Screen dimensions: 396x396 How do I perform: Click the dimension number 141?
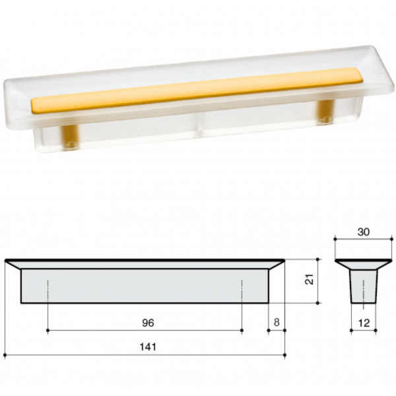148,347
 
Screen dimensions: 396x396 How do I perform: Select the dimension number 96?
148,323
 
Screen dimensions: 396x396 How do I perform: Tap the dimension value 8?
277,322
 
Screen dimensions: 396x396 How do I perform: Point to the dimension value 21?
309,279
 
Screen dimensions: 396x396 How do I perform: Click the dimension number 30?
364,232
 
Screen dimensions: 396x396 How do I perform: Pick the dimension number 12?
364,323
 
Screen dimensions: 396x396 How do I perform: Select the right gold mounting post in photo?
325,111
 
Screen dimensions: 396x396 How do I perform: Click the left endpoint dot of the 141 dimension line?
5,355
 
